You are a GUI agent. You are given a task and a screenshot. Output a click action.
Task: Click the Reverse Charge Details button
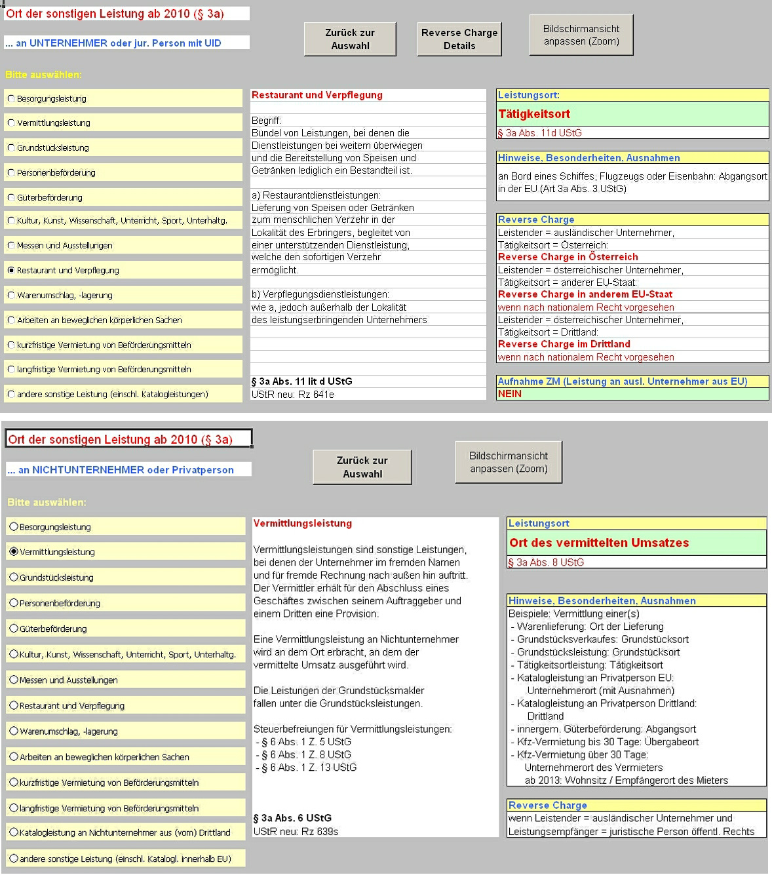pos(459,39)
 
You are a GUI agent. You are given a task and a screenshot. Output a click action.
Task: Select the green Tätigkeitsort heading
pos(534,114)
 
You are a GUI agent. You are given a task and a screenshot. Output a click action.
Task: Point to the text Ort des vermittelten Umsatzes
pos(599,543)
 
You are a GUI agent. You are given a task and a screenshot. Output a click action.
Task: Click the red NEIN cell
pos(510,394)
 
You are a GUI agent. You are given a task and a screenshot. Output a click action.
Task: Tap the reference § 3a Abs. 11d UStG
pos(539,133)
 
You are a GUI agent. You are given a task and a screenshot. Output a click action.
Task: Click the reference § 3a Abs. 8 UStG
pos(546,562)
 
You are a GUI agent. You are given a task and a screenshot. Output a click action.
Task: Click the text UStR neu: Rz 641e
pos(292,395)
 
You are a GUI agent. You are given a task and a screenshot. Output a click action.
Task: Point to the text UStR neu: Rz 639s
pos(296,831)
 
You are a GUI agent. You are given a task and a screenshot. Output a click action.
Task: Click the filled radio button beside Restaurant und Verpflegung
pos(11,270)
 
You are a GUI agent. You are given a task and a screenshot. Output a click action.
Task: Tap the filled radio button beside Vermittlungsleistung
pos(14,552)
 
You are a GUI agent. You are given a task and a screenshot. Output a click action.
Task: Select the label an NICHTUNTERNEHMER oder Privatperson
pos(121,470)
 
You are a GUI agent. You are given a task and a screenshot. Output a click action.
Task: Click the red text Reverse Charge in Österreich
pos(568,257)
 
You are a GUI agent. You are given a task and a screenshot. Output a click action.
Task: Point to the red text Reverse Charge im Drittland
pos(564,344)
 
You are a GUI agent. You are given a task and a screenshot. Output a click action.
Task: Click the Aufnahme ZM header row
pos(622,381)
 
